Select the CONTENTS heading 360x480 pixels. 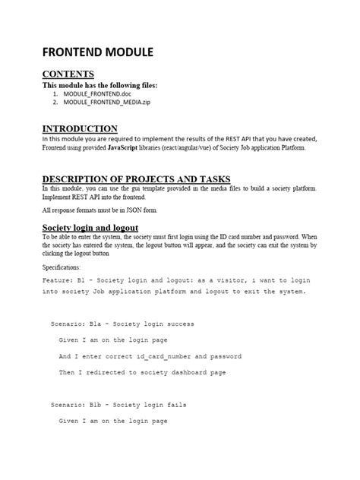(x=68, y=74)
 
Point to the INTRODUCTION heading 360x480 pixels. (x=80, y=128)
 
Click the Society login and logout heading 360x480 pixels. (x=90, y=227)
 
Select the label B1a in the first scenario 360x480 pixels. (x=99, y=324)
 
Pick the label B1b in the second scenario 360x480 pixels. (x=99, y=406)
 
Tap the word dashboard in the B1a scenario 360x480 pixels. (x=193, y=372)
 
